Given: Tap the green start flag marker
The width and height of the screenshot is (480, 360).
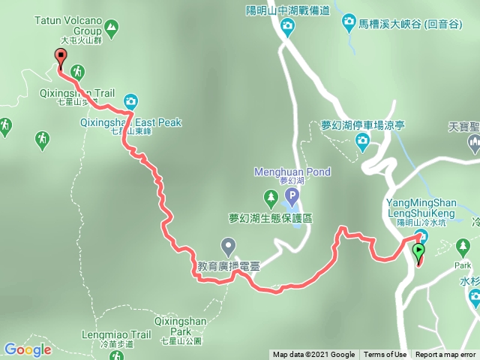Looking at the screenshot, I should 418,253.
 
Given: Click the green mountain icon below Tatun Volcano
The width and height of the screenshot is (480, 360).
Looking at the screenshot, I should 112,29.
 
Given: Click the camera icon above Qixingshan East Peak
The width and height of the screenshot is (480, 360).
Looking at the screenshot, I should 130,101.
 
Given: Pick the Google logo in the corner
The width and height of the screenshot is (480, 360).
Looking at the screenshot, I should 27,349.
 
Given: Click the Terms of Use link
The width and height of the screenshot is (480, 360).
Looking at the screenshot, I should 385,355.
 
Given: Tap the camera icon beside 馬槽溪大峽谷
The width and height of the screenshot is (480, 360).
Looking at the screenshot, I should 349,24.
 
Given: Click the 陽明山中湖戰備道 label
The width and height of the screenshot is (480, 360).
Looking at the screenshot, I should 287,10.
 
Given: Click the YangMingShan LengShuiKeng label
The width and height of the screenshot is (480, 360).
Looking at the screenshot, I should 421,207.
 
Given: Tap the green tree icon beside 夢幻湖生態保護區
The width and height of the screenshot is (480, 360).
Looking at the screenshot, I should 270,199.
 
